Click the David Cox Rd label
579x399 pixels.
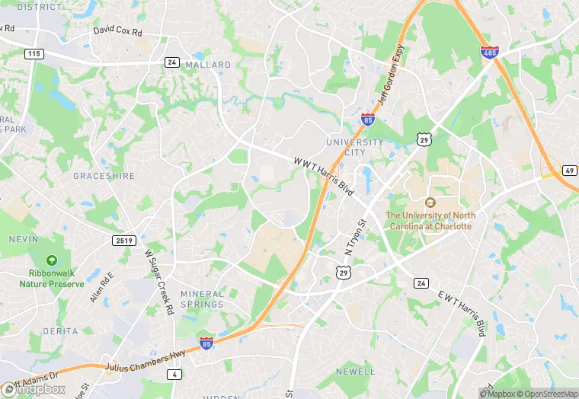[x=117, y=31]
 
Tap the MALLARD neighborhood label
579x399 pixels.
[x=208, y=65]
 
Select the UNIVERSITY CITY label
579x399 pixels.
[x=354, y=147]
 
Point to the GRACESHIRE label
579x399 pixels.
[x=104, y=176]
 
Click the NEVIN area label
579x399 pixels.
[x=23, y=239]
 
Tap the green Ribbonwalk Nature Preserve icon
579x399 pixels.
[x=52, y=260]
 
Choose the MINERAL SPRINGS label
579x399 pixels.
[x=202, y=298]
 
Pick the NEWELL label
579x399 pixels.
[x=354, y=372]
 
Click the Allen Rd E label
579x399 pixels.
[x=101, y=286]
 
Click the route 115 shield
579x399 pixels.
[x=33, y=53]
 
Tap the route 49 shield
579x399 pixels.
[x=568, y=170]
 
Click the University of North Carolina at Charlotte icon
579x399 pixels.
[x=430, y=203]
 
